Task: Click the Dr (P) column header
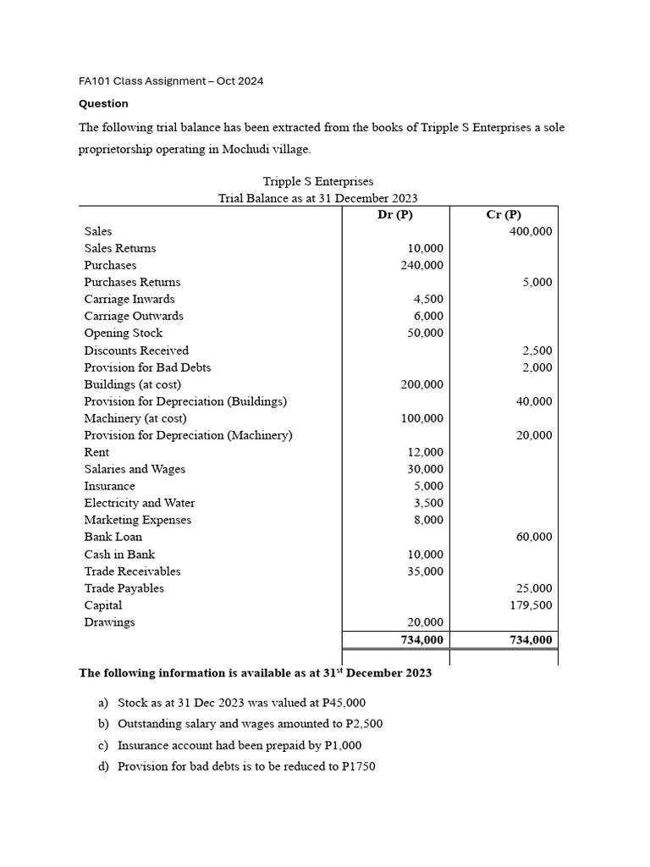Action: click(395, 214)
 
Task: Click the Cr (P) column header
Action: click(504, 214)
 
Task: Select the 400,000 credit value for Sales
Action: click(531, 231)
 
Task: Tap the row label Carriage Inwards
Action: click(129, 299)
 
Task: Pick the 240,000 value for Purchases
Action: click(421, 265)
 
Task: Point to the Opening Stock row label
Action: click(124, 333)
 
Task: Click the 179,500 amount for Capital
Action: click(531, 605)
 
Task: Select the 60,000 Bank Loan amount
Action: click(533, 537)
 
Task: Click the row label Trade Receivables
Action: click(132, 572)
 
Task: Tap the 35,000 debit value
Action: click(425, 572)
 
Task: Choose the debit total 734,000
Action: click(421, 640)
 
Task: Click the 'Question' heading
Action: click(103, 103)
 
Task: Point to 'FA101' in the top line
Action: click(93, 81)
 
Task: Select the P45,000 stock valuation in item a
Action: click(338, 703)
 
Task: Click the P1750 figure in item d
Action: click(356, 767)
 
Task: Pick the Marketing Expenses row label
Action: click(137, 520)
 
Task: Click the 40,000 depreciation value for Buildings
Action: click(533, 401)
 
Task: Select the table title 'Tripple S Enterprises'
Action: click(318, 181)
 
